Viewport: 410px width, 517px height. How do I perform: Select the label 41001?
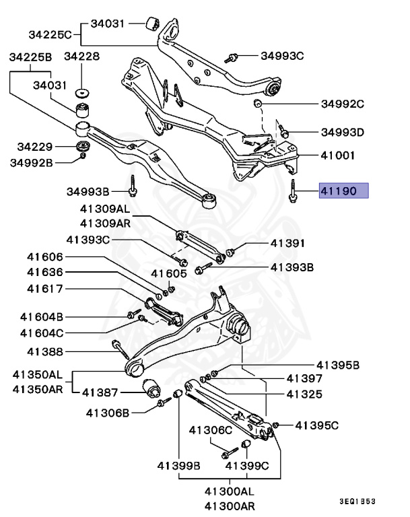click(340, 154)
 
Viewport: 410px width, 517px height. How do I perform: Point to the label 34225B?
click(30, 58)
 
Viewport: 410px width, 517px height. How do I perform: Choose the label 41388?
click(45, 351)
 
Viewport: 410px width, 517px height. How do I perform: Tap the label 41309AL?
click(104, 209)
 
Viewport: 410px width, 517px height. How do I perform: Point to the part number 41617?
click(45, 289)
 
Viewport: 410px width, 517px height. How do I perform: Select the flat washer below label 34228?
click(84, 92)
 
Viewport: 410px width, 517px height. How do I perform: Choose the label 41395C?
click(318, 425)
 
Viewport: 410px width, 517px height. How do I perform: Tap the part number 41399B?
click(179, 465)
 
